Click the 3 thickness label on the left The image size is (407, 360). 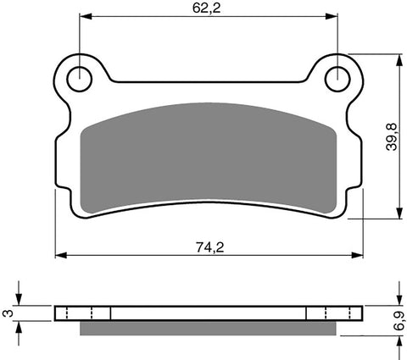pos(8,313)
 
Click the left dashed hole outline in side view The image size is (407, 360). pos(96,313)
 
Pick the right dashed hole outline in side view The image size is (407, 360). pos(322,313)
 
